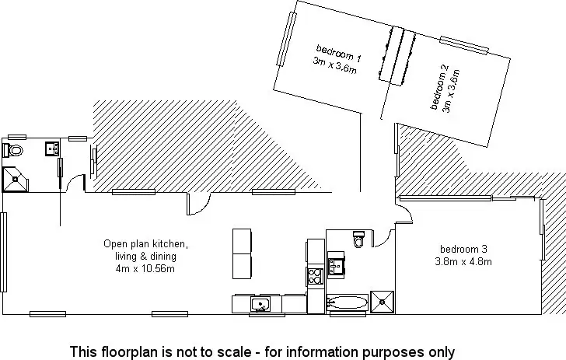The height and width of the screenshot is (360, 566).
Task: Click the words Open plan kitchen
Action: [145, 244]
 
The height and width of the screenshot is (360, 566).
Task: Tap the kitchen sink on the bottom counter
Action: [260, 303]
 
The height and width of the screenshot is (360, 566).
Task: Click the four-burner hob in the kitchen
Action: [316, 275]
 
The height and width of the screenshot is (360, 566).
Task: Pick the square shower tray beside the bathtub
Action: [382, 302]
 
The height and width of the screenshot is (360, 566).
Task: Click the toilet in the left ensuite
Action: [15, 149]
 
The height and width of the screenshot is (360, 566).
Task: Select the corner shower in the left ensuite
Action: [15, 179]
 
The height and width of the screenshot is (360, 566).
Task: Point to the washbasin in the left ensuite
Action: [52, 148]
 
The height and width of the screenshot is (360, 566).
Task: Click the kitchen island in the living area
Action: [243, 253]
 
